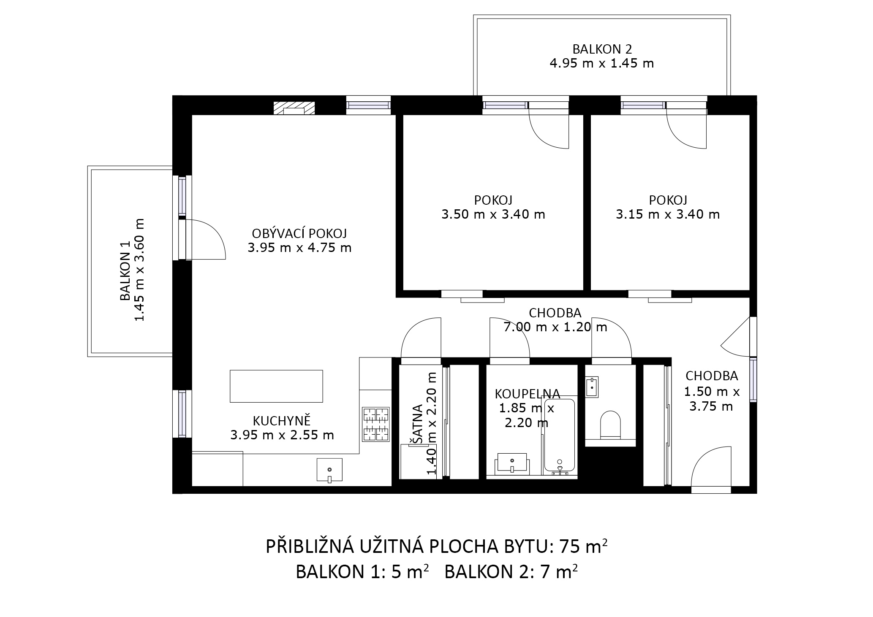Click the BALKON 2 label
(602, 49)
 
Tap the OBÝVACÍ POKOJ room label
(299, 233)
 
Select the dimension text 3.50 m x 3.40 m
(493, 214)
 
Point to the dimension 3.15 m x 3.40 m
(668, 214)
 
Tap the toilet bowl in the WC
(611, 424)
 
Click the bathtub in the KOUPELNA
(560, 436)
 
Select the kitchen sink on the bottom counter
(329, 470)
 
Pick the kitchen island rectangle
(276, 386)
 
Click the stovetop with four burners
(375, 425)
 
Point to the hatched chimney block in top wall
(294, 108)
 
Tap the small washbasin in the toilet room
(592, 387)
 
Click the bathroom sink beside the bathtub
(512, 462)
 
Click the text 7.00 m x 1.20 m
(555, 327)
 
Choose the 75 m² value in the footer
(584, 547)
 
